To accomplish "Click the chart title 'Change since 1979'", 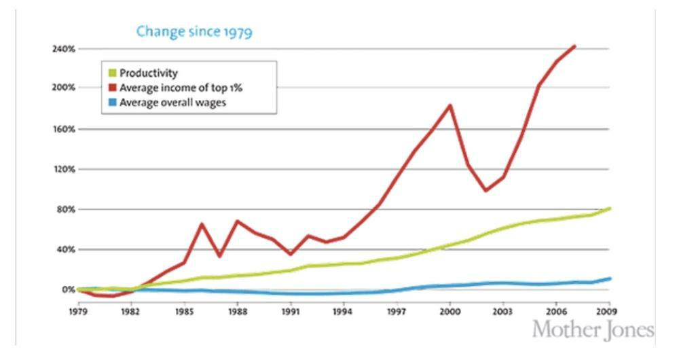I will tap(194, 31).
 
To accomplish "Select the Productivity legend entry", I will tap(148, 73).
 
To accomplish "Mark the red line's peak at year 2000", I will tap(449, 105).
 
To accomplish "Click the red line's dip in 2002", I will tap(485, 191).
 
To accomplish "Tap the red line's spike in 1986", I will tap(202, 223).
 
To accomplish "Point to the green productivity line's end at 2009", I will tap(609, 208).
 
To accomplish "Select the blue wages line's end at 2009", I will tap(609, 278).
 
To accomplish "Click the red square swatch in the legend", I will tap(112, 88).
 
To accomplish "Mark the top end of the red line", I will tap(574, 46).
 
